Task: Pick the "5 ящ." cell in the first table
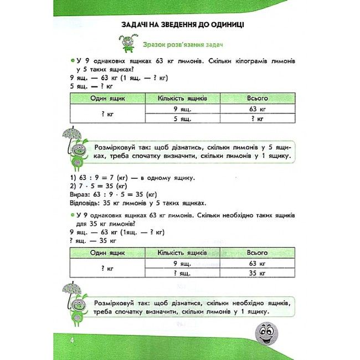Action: (x=182, y=119)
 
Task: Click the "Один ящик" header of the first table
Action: (x=107, y=98)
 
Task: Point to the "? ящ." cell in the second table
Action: (x=182, y=273)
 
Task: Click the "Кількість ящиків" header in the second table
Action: (x=182, y=253)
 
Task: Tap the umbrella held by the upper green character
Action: (x=70, y=135)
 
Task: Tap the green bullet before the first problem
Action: (x=73, y=60)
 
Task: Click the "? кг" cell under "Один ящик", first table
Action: (x=107, y=114)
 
